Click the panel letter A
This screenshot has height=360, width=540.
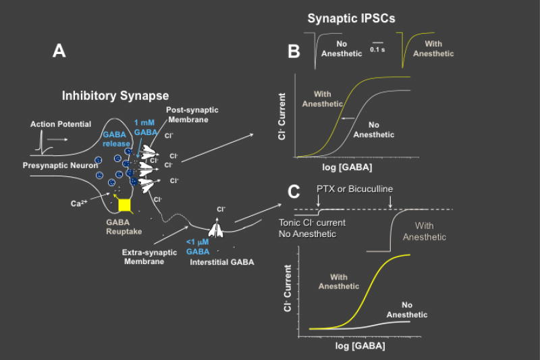tap(59, 51)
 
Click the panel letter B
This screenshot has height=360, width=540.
tap(294, 51)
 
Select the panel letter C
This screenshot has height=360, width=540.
tap(294, 192)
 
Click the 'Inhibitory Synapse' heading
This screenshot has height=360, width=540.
tap(115, 96)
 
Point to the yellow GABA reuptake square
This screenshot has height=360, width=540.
tap(124, 203)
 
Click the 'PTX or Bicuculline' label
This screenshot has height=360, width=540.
tap(354, 188)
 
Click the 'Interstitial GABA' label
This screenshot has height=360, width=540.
tap(222, 261)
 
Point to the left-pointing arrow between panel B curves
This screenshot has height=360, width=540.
tap(348, 118)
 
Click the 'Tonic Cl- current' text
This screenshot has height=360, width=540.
tap(312, 223)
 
